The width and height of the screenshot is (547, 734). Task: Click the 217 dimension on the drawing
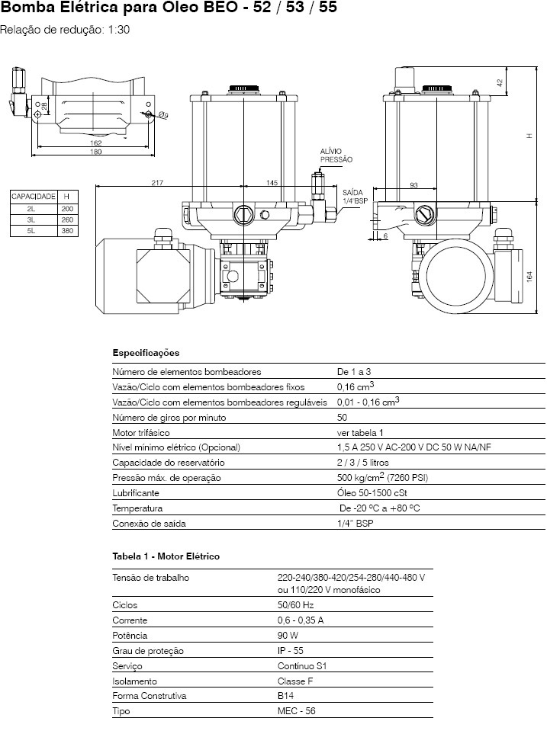[x=157, y=183]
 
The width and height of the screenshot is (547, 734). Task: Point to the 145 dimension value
[x=272, y=183]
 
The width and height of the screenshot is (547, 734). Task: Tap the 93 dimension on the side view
[x=413, y=185]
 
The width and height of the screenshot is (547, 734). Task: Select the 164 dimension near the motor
[x=529, y=277]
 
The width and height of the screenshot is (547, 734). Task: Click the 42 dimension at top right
[x=500, y=82]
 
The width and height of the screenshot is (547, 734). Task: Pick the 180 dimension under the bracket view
[x=95, y=152]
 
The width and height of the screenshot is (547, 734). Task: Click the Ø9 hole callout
[x=163, y=114]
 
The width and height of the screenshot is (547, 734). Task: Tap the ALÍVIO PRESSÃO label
[x=336, y=155]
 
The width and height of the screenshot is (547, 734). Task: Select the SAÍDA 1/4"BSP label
[x=355, y=197]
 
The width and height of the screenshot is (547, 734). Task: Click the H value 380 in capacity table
[x=67, y=231]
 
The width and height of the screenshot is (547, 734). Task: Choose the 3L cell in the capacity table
[x=31, y=220]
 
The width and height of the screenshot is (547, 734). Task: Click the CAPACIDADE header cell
[x=34, y=197]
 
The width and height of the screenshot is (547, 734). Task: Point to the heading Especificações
[x=146, y=353]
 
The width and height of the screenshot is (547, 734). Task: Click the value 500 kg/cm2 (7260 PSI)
[x=382, y=477]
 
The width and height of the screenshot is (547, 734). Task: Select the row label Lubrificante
[x=136, y=493]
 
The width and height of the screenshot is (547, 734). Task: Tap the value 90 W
[x=288, y=636]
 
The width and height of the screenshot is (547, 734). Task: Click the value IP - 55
[x=290, y=651]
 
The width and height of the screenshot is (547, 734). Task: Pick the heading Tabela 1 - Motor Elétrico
[x=166, y=556]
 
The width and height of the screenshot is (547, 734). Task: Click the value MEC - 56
[x=296, y=711]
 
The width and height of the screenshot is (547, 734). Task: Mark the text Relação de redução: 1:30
[x=65, y=30]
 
